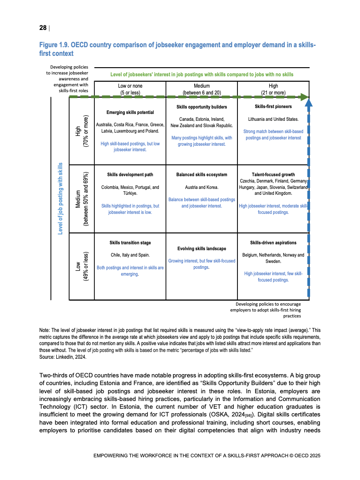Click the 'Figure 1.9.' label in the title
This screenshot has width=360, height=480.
tap(54, 45)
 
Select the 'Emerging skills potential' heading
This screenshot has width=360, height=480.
tap(130, 112)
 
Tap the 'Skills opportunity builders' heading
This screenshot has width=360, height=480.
tap(202, 107)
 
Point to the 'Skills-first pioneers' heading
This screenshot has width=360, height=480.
tap(273, 107)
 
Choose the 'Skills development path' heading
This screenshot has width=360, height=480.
tap(130, 174)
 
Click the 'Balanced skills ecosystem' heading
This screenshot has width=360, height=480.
tap(202, 174)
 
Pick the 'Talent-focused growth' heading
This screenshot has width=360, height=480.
tap(273, 174)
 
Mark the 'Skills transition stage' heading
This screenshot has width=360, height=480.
tap(130, 243)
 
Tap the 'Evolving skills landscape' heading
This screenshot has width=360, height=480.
tap(202, 249)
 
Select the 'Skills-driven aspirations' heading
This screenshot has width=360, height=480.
tap(273, 243)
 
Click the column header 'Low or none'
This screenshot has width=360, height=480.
tap(130, 86)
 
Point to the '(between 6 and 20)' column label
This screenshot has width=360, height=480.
tap(202, 93)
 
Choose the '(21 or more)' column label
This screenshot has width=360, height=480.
tap(273, 93)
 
